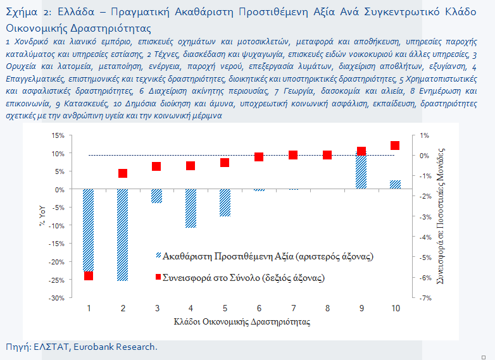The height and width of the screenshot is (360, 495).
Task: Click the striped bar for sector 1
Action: (x=89, y=230)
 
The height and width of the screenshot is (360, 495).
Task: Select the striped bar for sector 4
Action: (x=191, y=208)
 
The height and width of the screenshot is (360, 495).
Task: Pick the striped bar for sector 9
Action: (x=361, y=170)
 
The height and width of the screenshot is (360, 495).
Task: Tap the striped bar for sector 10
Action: (x=395, y=185)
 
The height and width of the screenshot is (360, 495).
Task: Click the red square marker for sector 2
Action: (x=123, y=173)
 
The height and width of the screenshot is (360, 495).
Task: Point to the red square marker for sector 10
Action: (x=395, y=145)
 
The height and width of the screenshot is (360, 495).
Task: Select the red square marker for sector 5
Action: (x=225, y=163)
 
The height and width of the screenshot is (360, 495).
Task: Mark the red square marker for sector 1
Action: (x=89, y=276)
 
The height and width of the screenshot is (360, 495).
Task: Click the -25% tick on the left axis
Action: (x=56, y=280)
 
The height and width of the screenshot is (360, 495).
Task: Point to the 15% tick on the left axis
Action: (x=58, y=135)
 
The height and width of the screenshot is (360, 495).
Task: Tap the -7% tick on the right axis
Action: (x=425, y=298)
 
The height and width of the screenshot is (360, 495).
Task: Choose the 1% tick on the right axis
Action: (x=425, y=135)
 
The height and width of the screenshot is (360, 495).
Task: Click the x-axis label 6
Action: (x=259, y=308)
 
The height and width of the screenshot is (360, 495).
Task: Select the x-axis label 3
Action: (x=157, y=308)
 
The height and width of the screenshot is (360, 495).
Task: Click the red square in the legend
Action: (x=158, y=277)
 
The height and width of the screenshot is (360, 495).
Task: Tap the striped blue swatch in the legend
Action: (x=158, y=255)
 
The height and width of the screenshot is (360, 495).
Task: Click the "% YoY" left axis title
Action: (x=42, y=216)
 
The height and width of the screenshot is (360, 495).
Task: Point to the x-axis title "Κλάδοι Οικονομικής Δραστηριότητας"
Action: (x=242, y=322)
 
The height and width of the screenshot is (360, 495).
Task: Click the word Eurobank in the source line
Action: (x=93, y=347)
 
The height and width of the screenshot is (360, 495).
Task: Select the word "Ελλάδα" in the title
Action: (x=76, y=11)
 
